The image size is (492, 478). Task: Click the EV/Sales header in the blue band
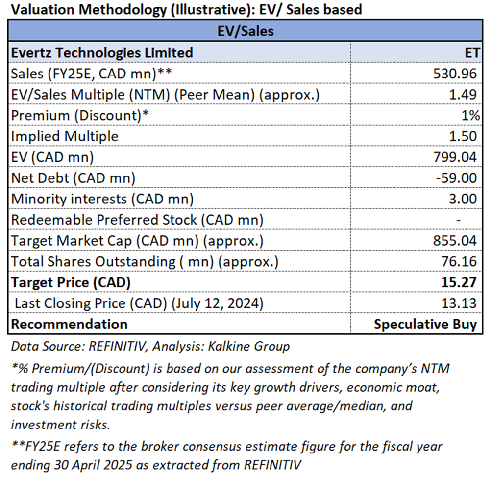(x=245, y=31)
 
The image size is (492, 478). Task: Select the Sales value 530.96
(x=455, y=73)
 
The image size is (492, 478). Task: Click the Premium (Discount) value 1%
(x=468, y=115)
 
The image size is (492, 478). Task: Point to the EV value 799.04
(x=455, y=157)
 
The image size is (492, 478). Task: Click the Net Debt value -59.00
(x=458, y=178)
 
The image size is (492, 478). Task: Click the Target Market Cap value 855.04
(x=455, y=241)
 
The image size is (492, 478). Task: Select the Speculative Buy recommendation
(x=425, y=324)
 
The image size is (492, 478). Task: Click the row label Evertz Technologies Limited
(x=102, y=52)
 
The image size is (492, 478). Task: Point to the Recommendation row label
(x=69, y=324)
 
